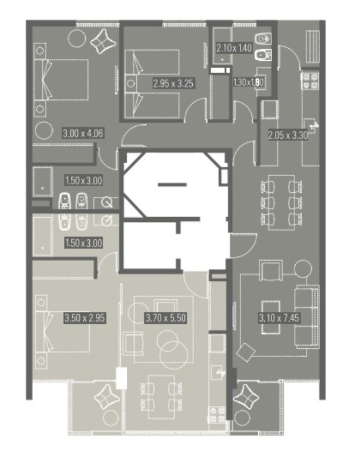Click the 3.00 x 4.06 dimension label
pyautogui.click(x=83, y=133)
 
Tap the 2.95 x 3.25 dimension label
pyautogui.click(x=173, y=84)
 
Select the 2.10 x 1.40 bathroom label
pyautogui.click(x=234, y=48)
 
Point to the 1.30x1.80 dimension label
pyautogui.click(x=248, y=82)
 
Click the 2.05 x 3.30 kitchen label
pyautogui.click(x=288, y=135)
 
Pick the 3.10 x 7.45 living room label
pyautogui.click(x=279, y=317)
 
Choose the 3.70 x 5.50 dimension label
pyautogui.click(x=165, y=317)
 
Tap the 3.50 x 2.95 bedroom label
pyautogui.click(x=84, y=318)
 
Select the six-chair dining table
pyautogui.click(x=281, y=202)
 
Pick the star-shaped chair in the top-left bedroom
pyautogui.click(x=103, y=42)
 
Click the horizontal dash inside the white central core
pyautogui.click(x=172, y=184)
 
